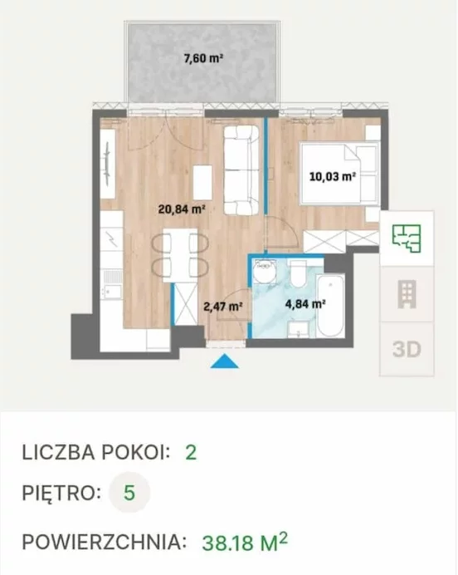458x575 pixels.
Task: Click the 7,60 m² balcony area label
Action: pyautogui.click(x=203, y=58)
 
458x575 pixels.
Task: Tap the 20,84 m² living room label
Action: pyautogui.click(x=181, y=209)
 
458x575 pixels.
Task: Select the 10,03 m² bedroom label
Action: pyautogui.click(x=333, y=177)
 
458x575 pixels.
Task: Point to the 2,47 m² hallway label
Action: pyautogui.click(x=223, y=306)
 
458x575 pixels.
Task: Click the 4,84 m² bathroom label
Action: pyautogui.click(x=305, y=303)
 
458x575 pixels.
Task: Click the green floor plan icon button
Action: pyautogui.click(x=407, y=238)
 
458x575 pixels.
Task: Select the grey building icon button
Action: pyautogui.click(x=407, y=294)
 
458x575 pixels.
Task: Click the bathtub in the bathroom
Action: pyautogui.click(x=330, y=307)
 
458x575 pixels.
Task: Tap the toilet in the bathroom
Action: pyautogui.click(x=298, y=273)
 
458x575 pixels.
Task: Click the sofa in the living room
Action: pyautogui.click(x=241, y=170)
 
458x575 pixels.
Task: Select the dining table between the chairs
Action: pyautogui.click(x=180, y=255)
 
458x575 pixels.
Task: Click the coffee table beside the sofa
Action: pyautogui.click(x=202, y=182)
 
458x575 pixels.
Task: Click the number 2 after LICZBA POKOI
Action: pyautogui.click(x=191, y=453)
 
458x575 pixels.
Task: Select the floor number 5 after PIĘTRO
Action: pyautogui.click(x=129, y=493)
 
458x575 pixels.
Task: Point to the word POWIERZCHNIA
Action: pyautogui.click(x=105, y=542)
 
